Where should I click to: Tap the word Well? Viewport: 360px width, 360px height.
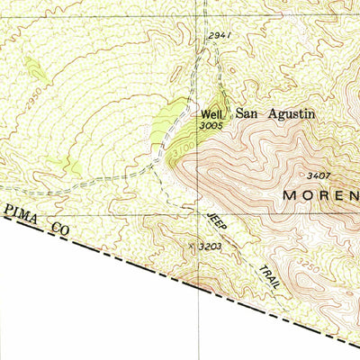tap(211, 114)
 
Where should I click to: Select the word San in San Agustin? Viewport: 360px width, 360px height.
tap(247, 114)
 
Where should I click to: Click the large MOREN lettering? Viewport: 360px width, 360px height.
tap(320, 194)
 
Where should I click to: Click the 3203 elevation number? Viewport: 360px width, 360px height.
tap(210, 245)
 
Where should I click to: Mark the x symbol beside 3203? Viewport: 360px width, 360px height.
tap(191, 243)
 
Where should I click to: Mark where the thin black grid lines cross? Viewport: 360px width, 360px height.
tap(200, 215)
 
